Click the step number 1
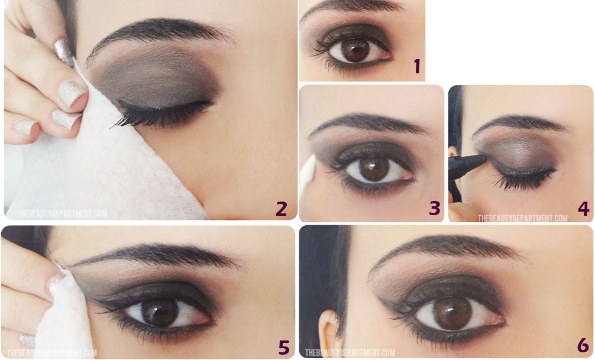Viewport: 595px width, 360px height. (416, 66)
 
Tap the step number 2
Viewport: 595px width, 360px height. (281, 208)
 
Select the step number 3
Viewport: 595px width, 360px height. (435, 208)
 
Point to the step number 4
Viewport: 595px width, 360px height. (583, 208)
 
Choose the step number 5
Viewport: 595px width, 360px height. (284, 347)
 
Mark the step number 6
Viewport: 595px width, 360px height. (583, 345)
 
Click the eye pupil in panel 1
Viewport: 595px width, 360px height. (355, 50)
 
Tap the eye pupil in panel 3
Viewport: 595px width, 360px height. (374, 168)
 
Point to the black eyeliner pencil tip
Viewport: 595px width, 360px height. (481, 159)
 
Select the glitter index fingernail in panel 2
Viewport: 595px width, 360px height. (72, 93)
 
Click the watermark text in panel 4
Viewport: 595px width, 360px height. (522, 218)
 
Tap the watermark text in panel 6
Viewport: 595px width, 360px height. (350, 353)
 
